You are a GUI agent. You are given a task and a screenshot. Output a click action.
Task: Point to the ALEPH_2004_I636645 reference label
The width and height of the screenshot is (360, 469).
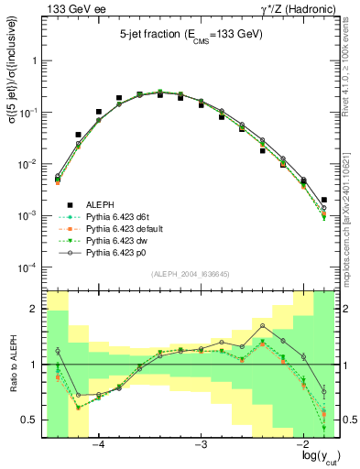tap(190, 274)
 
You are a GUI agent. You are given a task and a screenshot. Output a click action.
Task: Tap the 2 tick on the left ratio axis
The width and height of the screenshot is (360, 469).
tap(35, 310)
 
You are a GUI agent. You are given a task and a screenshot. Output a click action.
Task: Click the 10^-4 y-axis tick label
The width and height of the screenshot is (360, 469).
tap(27, 267)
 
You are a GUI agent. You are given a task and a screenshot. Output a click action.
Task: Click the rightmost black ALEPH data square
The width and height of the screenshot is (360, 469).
tap(324, 200)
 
